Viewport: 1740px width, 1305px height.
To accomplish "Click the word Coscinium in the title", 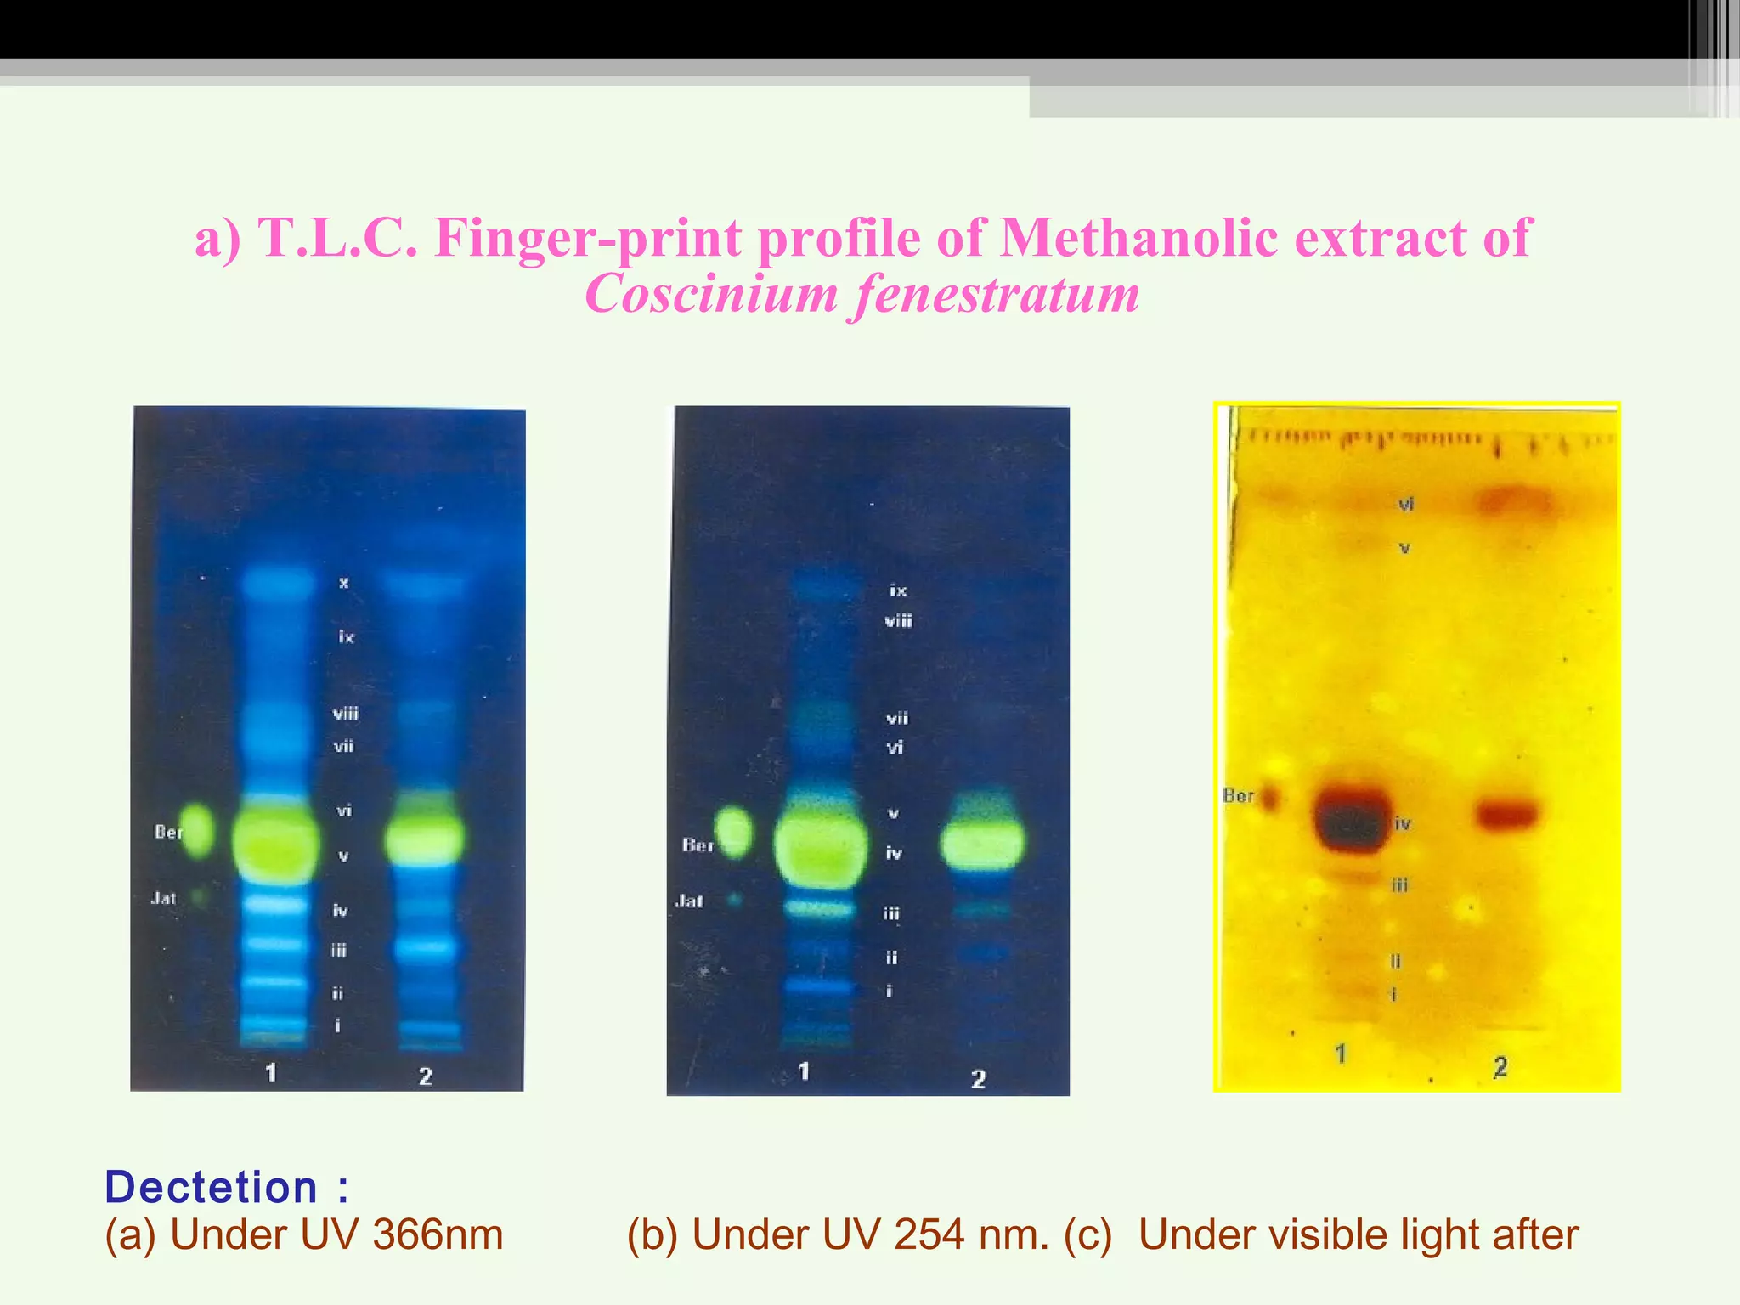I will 711,294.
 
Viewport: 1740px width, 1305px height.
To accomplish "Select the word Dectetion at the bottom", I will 211,1187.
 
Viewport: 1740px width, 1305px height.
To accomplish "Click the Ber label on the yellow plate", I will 1237,796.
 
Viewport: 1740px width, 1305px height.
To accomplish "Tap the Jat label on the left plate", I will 163,898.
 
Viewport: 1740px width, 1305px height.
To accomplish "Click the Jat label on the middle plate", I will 689,901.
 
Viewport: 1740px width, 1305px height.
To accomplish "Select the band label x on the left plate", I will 344,583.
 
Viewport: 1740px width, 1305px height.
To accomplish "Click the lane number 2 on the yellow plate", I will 1500,1067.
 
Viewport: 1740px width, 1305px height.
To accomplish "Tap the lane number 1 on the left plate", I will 271,1073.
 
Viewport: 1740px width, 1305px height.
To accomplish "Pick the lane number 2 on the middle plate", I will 979,1079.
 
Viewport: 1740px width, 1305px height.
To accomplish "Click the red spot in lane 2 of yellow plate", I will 1506,813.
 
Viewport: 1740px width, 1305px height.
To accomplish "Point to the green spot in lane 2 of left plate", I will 425,836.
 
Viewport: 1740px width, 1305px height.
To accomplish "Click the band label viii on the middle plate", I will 898,621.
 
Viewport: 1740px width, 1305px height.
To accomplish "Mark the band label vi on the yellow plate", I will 1406,505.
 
